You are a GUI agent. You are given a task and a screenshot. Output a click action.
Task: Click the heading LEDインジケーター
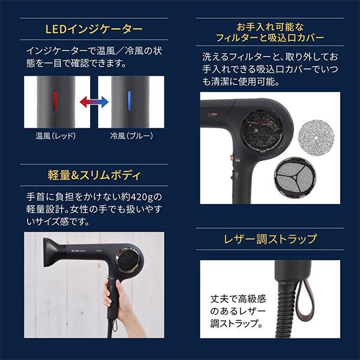coord(94,29)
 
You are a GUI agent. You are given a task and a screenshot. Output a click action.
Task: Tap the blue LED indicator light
coord(128,99)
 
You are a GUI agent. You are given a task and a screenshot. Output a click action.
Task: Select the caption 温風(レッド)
coord(55,136)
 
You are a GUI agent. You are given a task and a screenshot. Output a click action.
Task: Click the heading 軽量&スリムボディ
coord(94,176)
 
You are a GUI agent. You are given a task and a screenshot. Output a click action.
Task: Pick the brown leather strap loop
coord(302,293)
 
